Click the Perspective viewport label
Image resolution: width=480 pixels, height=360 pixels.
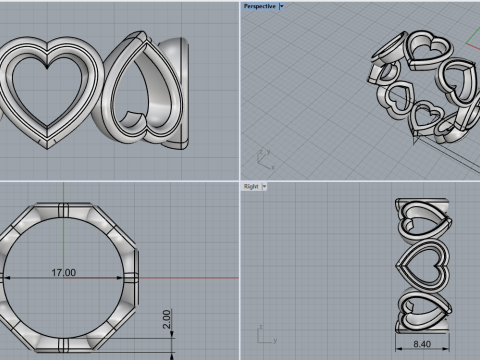tap(258, 5)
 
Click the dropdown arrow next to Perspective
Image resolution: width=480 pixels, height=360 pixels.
tap(282, 5)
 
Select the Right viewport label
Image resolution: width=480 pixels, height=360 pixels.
tap(250, 186)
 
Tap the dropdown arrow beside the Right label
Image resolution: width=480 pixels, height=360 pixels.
tap(265, 186)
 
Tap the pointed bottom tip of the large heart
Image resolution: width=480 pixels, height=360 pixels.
tap(47, 147)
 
